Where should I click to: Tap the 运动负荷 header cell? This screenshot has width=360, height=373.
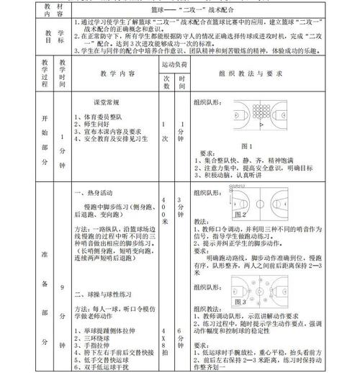pos(174,64)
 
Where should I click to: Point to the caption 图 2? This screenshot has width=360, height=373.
pos(241,214)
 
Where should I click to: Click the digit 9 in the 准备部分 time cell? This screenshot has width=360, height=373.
pos(63,288)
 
